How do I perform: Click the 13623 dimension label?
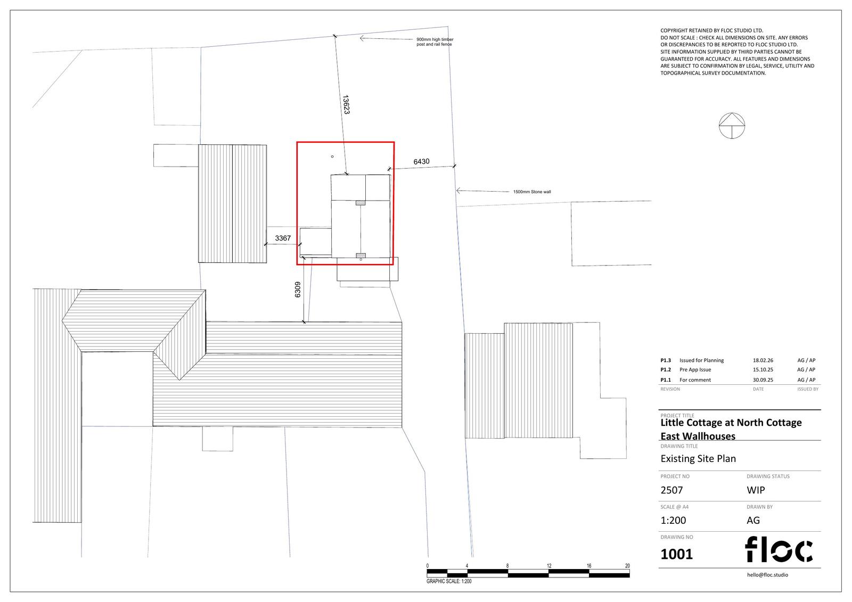(346, 105)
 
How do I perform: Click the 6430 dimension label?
(421, 161)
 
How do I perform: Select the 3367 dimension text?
(283, 238)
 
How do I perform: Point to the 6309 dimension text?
(298, 290)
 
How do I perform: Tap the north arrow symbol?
(732, 126)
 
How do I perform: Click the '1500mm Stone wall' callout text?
(531, 192)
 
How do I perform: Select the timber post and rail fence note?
(435, 42)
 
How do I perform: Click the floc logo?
(779, 549)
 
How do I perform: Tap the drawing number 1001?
(676, 554)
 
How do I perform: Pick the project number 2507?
(671, 490)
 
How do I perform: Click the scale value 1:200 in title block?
(673, 521)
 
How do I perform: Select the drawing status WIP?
(756, 490)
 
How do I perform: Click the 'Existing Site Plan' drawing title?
(698, 458)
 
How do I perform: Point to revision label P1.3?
(666, 360)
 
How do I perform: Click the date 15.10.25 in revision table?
(763, 369)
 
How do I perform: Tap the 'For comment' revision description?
(695, 380)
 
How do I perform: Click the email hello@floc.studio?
(767, 575)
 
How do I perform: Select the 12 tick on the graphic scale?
(548, 566)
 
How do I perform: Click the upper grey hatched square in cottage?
(361, 202)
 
